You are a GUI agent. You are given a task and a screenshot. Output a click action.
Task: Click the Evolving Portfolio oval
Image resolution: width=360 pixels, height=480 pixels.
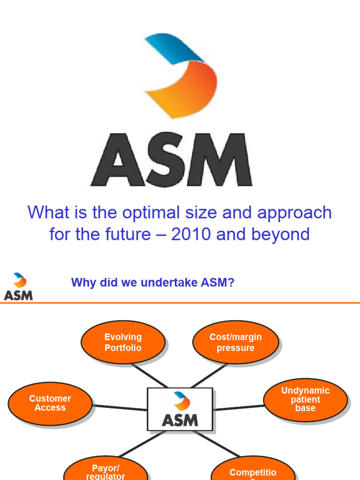(x=123, y=342)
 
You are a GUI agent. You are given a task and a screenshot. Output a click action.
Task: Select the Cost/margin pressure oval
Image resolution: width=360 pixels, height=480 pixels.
(x=236, y=342)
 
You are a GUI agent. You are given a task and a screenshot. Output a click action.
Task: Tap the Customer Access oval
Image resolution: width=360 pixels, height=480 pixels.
(x=50, y=403)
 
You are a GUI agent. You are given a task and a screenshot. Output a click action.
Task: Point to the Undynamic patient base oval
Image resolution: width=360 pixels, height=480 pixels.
(x=305, y=399)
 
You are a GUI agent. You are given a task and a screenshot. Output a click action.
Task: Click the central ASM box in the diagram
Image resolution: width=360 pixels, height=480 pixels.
(x=180, y=409)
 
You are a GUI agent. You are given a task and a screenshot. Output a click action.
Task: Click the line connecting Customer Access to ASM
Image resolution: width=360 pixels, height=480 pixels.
(x=120, y=407)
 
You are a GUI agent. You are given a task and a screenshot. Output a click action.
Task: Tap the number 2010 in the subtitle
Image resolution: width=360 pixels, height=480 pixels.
(x=192, y=234)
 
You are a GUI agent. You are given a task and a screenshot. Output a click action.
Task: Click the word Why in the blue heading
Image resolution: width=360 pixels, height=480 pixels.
(x=80, y=283)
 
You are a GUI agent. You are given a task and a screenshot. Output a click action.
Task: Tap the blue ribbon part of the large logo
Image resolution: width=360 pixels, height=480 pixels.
(x=173, y=47)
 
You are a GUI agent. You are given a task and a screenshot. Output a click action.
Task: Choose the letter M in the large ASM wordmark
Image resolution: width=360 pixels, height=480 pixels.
(x=225, y=159)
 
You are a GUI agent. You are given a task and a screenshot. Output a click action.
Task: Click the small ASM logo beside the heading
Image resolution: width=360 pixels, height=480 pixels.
(x=18, y=286)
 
